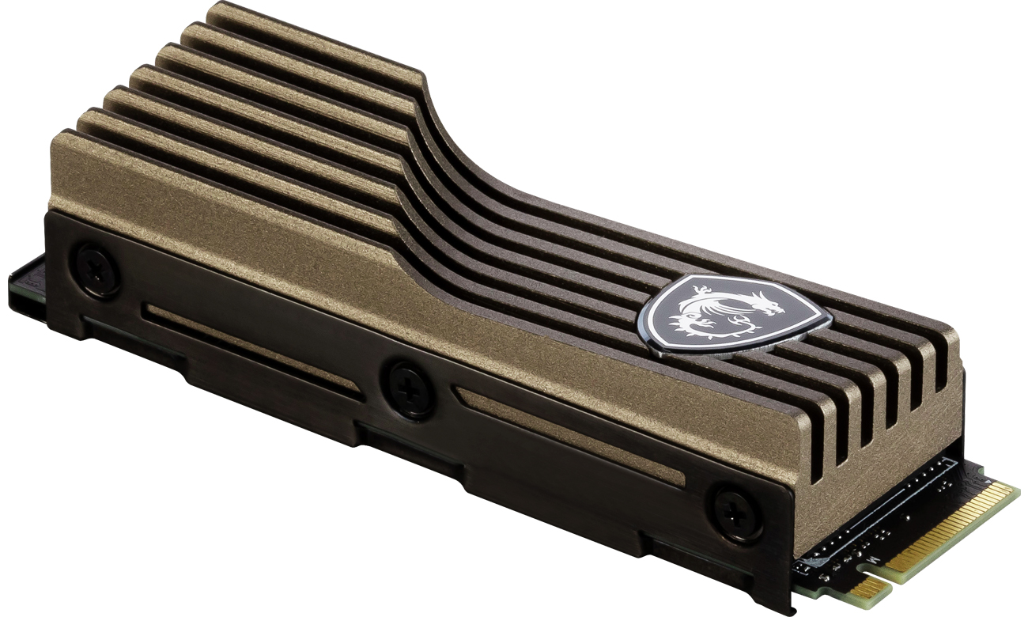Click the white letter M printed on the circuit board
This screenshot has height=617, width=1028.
pos(873,560)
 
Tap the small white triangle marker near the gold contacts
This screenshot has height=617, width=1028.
pos(988,481)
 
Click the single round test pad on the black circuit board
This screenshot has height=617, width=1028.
pos(907,517)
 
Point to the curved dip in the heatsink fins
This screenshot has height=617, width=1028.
pos(443,142)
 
